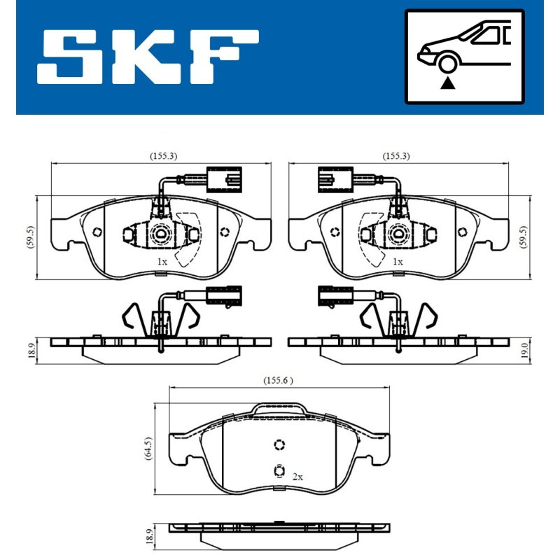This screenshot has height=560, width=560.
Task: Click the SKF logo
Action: tap(148, 57)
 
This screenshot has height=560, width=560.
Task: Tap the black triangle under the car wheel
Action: tap(447, 83)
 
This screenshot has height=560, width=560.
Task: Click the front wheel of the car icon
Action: tap(447, 64)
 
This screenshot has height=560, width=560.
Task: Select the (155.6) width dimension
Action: tap(278, 380)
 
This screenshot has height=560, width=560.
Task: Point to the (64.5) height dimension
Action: tap(148, 448)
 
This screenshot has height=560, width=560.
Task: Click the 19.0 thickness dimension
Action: tap(524, 350)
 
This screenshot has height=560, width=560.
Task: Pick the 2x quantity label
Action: tap(297, 477)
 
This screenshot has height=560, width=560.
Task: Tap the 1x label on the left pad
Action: tap(162, 262)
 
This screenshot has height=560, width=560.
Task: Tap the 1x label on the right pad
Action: tap(398, 262)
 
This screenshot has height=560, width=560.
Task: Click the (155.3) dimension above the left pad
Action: tap(163, 156)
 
